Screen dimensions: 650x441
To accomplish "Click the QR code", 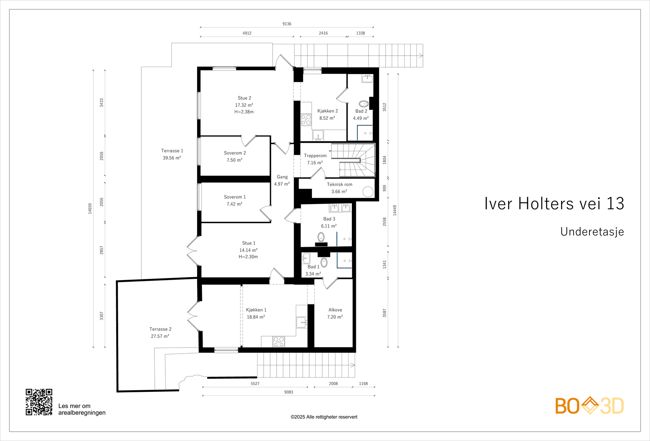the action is click(39, 402).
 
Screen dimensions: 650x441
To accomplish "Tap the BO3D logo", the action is click(589, 405).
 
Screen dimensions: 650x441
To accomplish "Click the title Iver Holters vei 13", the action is click(554, 204).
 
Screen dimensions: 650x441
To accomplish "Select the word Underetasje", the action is click(592, 232).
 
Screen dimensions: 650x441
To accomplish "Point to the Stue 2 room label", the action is click(244, 98).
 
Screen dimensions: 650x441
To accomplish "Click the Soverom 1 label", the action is click(235, 197).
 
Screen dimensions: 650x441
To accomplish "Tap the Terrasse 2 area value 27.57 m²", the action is click(160, 336).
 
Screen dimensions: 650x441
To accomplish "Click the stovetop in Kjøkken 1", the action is click(279, 341).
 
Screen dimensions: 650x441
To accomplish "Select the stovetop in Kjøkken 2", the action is click(306, 120).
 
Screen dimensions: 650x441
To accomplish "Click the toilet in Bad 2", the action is click(364, 104).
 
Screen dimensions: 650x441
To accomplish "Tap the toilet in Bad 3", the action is click(321, 237).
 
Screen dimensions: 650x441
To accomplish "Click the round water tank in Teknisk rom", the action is click(368, 191).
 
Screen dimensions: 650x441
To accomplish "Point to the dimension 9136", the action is click(287, 24).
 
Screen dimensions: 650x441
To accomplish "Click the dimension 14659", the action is click(90, 209).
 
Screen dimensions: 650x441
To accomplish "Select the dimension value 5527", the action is click(255, 384).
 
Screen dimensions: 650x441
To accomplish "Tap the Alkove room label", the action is click(335, 310).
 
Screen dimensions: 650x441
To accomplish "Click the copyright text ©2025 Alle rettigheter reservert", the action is click(324, 417).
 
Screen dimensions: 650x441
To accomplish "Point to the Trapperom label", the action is click(315, 156).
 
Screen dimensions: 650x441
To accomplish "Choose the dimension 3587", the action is click(384, 313).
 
